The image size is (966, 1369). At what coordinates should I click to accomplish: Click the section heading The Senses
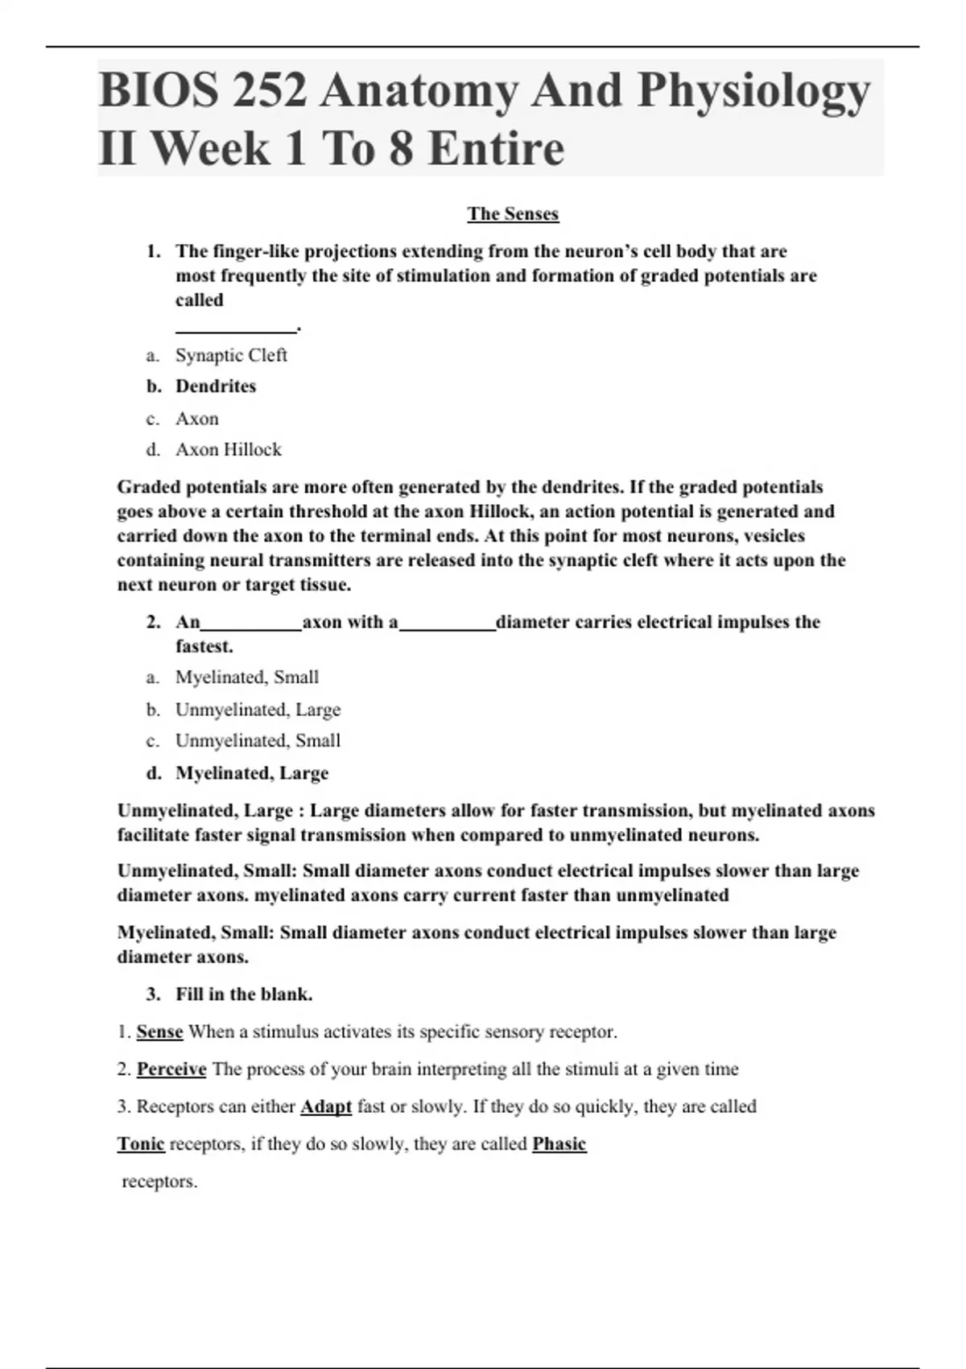click(x=513, y=213)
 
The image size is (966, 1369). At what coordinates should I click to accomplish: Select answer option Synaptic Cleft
click(x=231, y=355)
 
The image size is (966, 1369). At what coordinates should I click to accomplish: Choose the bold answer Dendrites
click(x=216, y=387)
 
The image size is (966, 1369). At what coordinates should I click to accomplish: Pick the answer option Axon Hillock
click(x=229, y=449)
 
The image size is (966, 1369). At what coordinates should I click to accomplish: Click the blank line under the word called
click(x=236, y=328)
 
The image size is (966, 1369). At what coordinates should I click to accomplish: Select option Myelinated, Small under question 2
click(x=247, y=677)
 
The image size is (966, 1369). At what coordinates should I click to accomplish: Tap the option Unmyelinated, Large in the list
click(x=258, y=709)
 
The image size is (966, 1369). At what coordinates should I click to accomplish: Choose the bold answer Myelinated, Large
click(x=252, y=773)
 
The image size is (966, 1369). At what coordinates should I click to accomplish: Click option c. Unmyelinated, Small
click(x=258, y=740)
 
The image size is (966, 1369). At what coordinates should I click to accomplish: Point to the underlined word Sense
click(x=159, y=1032)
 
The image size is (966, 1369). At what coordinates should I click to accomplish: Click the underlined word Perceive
click(x=171, y=1069)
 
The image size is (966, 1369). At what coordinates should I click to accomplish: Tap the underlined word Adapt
click(x=326, y=1106)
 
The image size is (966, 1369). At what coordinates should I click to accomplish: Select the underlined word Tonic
click(x=141, y=1144)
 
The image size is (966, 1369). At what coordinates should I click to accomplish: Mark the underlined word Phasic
click(x=559, y=1144)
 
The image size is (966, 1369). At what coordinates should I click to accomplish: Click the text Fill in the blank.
click(x=244, y=995)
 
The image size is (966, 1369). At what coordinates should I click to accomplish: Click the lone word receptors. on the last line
click(x=159, y=1181)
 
